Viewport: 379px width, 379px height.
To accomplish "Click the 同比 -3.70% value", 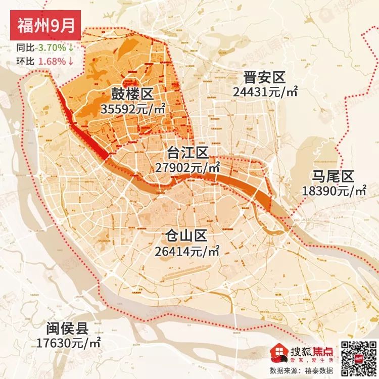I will coord(53,48).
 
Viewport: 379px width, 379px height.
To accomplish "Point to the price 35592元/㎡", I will coord(133,109).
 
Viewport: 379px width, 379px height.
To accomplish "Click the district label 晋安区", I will coord(264,78).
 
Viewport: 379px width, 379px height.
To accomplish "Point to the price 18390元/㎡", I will coord(334,191).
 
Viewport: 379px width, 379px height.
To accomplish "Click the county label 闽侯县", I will coord(66,328).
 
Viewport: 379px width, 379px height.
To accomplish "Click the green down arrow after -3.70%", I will coord(71,48).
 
